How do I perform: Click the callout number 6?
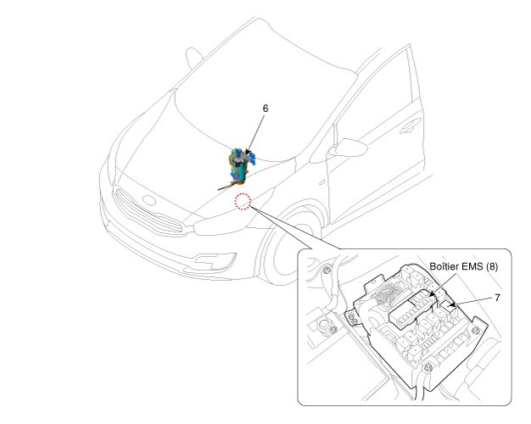click(265, 109)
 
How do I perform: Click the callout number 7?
click(497, 298)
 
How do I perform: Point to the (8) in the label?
click(492, 266)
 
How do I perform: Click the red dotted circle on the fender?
click(243, 201)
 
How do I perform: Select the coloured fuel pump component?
click(238, 166)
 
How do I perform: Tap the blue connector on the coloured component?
click(252, 159)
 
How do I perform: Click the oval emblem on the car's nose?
click(148, 200)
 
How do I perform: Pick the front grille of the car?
click(148, 212)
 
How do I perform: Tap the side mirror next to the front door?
click(350, 148)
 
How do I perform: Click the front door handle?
click(410, 126)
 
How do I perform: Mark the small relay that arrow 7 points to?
click(448, 308)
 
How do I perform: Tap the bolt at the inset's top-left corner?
click(326, 270)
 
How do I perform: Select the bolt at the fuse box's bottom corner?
click(428, 367)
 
